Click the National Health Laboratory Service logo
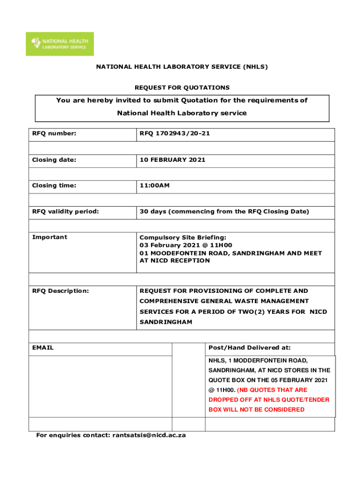point(59,44)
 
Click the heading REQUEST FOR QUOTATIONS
point(182,87)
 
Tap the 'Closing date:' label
point(54,160)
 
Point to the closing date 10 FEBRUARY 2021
point(172,160)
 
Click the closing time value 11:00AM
point(154,186)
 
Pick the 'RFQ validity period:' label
point(65,211)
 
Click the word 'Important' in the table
point(50,237)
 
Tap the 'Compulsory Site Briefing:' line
point(183,238)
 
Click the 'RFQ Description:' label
point(60,291)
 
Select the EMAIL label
point(43,348)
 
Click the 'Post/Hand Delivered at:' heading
point(250,348)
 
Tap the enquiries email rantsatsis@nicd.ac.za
point(149,435)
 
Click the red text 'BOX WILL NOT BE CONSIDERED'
point(256,410)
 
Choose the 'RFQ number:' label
point(54,134)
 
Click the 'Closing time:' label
point(54,186)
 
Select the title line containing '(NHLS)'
point(182,67)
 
